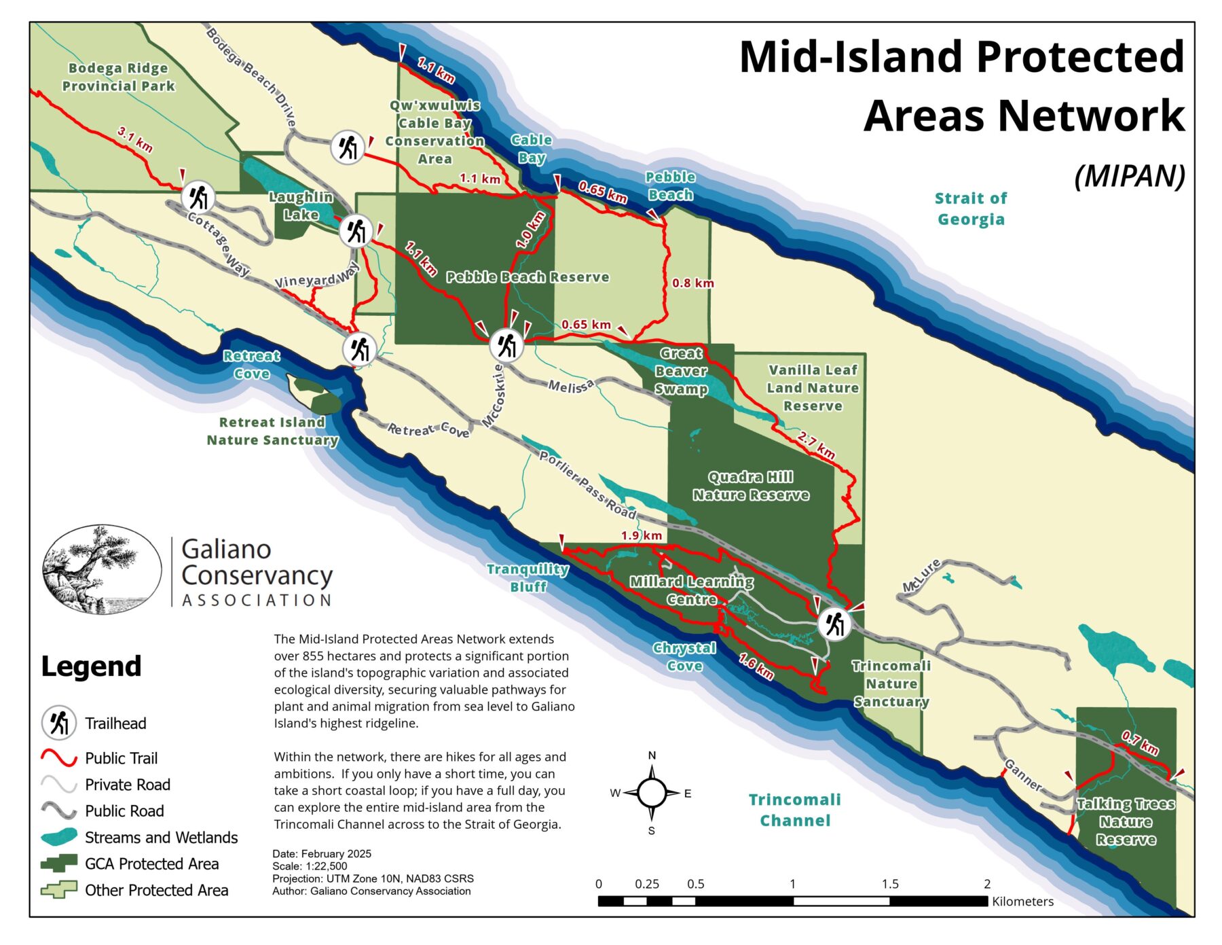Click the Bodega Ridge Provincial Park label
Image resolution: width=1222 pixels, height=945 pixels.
coord(118,77)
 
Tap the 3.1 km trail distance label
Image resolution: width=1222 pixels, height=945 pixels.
coord(135,139)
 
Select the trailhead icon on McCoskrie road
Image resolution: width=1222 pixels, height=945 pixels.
coord(506,345)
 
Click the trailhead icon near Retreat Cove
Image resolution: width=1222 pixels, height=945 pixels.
coord(359,349)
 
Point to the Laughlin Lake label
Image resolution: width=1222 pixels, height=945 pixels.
coord(301,206)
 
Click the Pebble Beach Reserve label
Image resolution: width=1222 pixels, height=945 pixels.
coord(527,277)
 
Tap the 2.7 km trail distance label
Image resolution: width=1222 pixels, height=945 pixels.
coord(817,445)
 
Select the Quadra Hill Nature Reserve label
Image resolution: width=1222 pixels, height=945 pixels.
coord(751,486)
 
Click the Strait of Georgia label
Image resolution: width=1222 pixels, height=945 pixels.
coord(970,209)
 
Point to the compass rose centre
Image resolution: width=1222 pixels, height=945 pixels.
coord(651,793)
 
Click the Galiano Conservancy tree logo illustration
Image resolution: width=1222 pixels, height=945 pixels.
coord(102,569)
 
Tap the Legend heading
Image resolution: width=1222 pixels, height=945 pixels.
coord(91,666)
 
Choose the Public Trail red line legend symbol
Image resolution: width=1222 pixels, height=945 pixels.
coord(59,757)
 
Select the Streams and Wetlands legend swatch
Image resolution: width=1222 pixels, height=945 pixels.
coord(59,837)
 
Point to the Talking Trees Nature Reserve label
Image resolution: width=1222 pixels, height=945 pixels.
coord(1126,822)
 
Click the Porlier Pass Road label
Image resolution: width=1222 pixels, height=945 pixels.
coord(587,484)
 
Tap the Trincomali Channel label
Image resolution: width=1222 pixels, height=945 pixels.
coord(794,810)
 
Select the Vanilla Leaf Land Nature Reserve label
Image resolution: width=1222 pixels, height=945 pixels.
coord(813,388)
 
